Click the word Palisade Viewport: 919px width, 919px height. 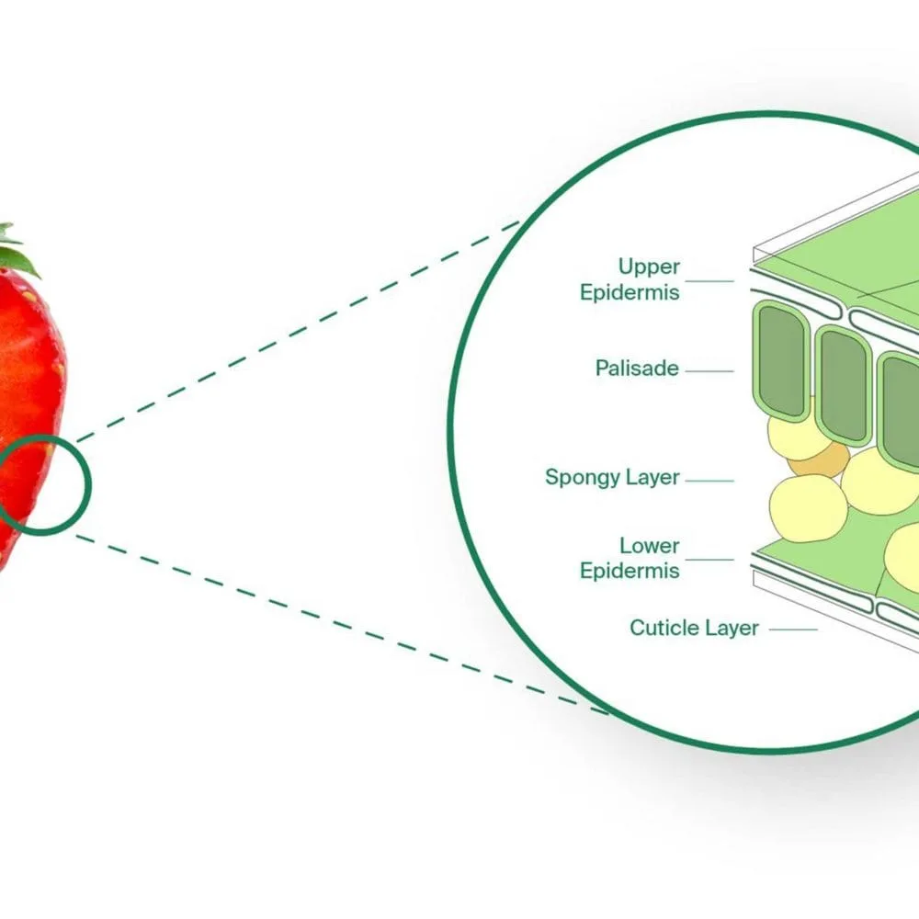pyautogui.click(x=637, y=369)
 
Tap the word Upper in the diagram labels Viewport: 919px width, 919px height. pyautogui.click(x=649, y=267)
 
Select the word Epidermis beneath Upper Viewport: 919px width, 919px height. pyautogui.click(x=630, y=293)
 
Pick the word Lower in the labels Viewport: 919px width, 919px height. pyautogui.click(x=649, y=546)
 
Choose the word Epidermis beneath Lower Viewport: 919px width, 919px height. pyautogui.click(x=630, y=571)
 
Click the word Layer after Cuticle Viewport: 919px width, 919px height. pyautogui.click(x=732, y=629)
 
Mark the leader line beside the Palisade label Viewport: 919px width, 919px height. pyautogui.click(x=709, y=371)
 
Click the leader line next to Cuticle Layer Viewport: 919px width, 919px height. pyautogui.click(x=792, y=630)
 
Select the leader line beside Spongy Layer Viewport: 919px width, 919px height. pyautogui.click(x=709, y=480)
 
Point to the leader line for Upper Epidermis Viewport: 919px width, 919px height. pyautogui.click(x=709, y=281)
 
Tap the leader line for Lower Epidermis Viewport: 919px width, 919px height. pyautogui.click(x=709, y=559)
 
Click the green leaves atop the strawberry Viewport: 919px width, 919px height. pyautogui.click(x=17, y=253)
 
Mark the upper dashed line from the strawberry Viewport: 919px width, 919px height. pyautogui.click(x=294, y=332)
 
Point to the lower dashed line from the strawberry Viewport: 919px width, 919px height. pyautogui.click(x=340, y=624)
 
